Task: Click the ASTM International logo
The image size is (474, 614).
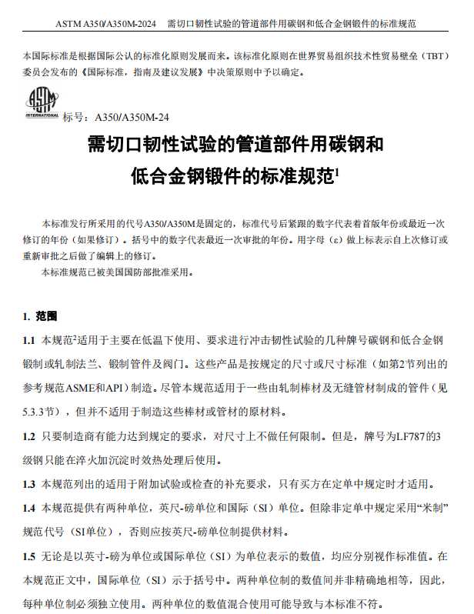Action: (39, 103)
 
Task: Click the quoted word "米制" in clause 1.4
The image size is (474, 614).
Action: (429, 509)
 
